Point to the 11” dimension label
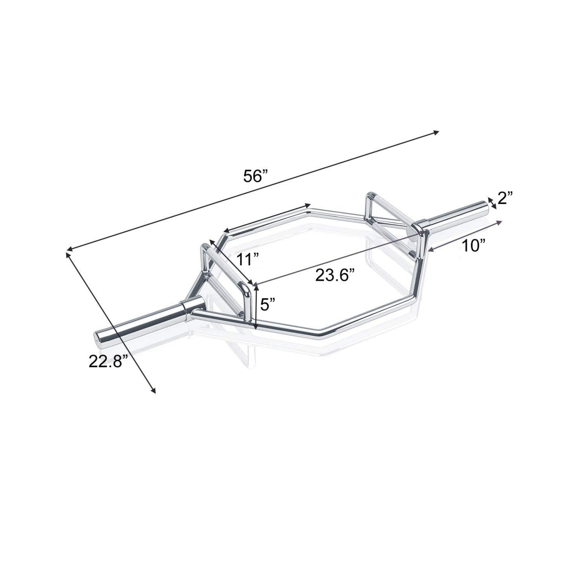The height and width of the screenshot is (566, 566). point(248,259)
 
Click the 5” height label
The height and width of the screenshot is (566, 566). point(268,304)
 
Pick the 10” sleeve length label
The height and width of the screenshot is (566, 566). point(474,246)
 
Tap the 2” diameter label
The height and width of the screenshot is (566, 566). point(505,199)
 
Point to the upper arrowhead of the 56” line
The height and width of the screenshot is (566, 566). point(436,133)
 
